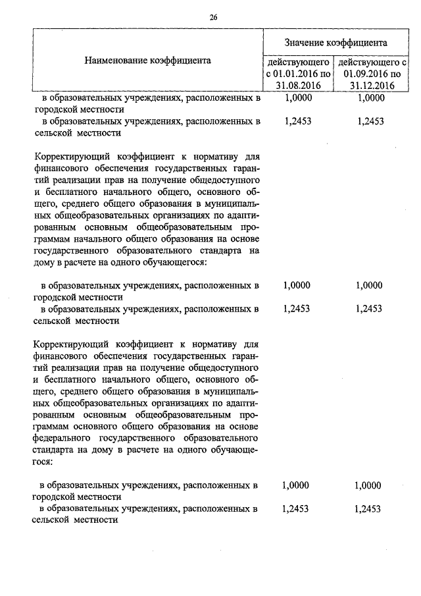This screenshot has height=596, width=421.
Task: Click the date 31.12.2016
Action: coord(372,85)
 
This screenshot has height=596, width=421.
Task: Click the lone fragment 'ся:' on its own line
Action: coord(38,462)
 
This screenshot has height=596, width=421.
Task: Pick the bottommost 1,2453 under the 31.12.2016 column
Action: coord(367,508)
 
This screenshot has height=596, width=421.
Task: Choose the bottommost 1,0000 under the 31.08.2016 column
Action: coord(295,485)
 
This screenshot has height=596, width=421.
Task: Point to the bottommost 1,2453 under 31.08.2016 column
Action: coord(295,508)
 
